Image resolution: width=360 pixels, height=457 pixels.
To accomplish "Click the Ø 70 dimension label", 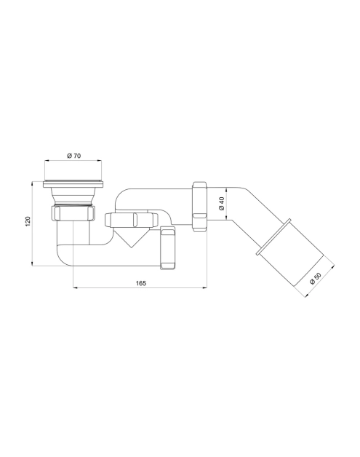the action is (73, 156).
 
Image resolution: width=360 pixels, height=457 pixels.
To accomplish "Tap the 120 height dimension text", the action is (28, 221).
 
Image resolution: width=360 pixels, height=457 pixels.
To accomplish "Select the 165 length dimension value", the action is (141, 282).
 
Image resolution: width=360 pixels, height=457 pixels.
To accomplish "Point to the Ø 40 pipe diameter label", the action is (221, 204).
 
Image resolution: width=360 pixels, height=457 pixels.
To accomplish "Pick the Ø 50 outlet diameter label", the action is (315, 278).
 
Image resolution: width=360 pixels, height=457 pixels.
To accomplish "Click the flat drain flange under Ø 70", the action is (73, 184).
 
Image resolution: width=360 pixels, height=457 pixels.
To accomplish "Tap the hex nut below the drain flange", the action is (73, 213).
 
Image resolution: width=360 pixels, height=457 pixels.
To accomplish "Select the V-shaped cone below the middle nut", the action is (132, 237).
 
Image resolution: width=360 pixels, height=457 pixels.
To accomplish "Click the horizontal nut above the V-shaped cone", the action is (131, 220).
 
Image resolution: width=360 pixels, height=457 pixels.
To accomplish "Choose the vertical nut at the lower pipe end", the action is (168, 247).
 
